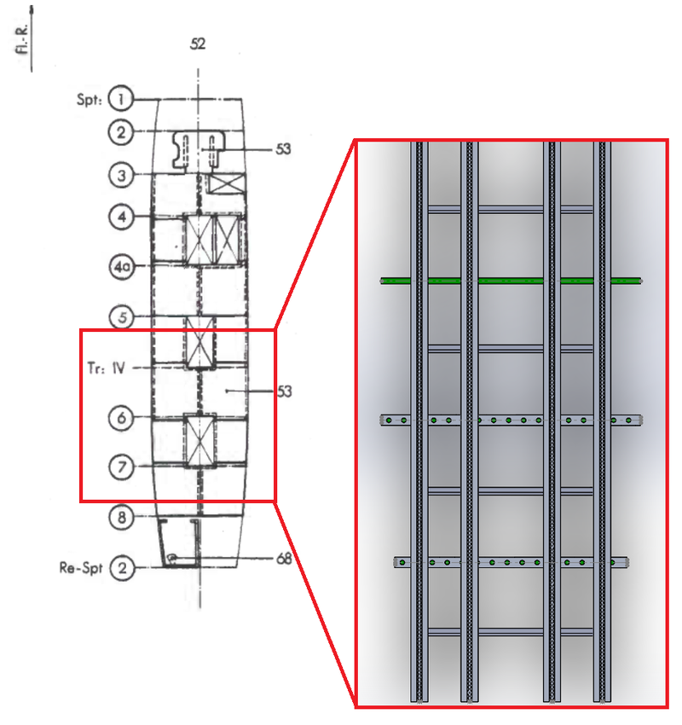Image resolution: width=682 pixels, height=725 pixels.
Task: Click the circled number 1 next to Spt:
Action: click(x=120, y=98)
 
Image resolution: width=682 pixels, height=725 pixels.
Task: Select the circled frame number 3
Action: click(x=121, y=176)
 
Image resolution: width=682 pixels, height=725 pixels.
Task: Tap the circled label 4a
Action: click(x=122, y=267)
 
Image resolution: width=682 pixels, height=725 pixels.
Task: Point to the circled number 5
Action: click(x=122, y=317)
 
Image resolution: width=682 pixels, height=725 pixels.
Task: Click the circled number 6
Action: click(x=121, y=418)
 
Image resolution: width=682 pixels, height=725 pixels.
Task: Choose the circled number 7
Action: click(x=121, y=467)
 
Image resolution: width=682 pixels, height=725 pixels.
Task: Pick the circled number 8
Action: click(x=122, y=517)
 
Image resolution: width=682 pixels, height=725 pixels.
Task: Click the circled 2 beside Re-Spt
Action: click(x=123, y=568)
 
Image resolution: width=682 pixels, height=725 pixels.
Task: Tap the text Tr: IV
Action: click(x=107, y=368)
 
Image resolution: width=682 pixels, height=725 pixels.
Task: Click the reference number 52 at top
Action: click(x=198, y=43)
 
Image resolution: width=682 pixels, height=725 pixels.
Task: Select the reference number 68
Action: click(x=284, y=559)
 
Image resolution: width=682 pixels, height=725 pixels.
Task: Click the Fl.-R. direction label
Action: click(x=22, y=39)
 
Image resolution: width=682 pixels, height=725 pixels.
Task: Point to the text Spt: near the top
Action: click(x=90, y=100)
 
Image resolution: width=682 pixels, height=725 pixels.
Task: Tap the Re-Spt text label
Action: click(x=81, y=568)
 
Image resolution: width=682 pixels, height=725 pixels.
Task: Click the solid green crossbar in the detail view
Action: click(x=511, y=281)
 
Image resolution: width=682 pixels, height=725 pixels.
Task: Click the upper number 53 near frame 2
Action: click(x=283, y=149)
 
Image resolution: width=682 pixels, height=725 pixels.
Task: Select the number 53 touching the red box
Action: click(x=284, y=391)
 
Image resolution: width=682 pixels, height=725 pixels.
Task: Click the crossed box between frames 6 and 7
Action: click(x=199, y=441)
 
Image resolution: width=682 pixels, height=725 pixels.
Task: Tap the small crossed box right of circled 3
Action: click(x=227, y=183)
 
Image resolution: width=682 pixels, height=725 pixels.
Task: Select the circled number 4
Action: click(x=122, y=217)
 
